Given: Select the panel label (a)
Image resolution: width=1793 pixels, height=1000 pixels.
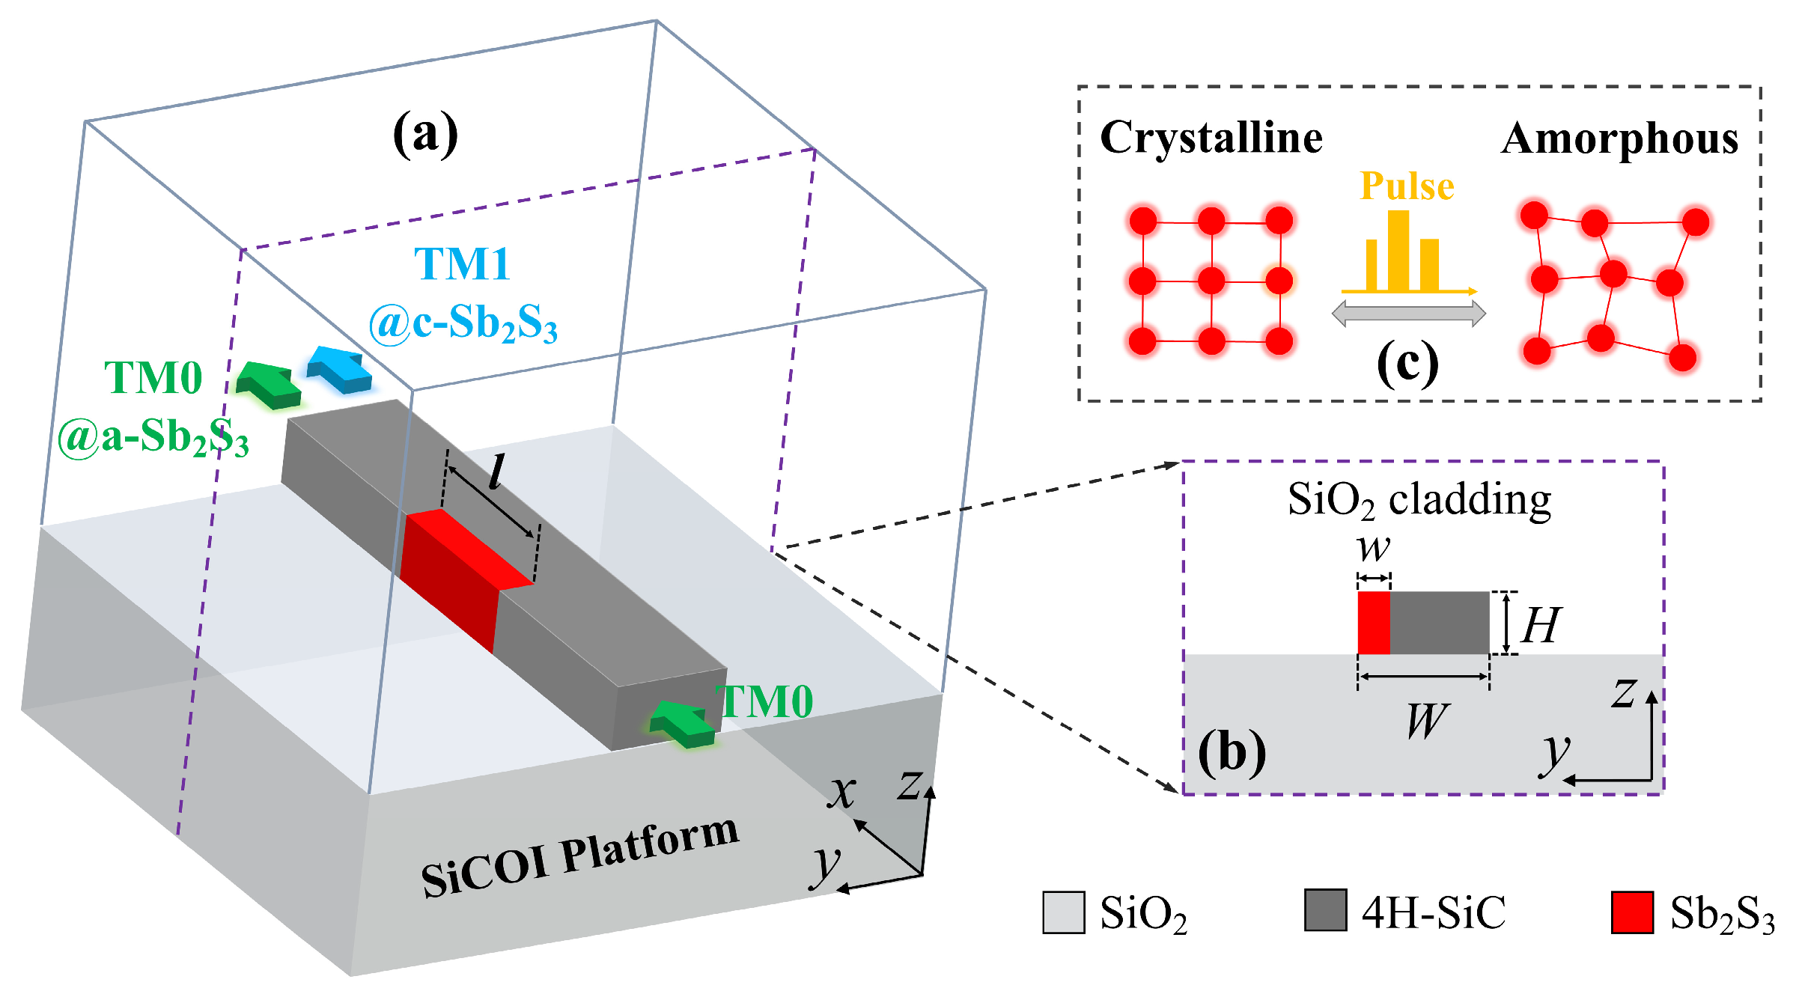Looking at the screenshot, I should click(x=425, y=134).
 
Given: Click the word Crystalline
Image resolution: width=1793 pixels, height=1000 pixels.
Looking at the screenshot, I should click(x=1211, y=138).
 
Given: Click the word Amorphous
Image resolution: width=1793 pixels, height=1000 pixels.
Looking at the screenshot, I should click(x=1619, y=139).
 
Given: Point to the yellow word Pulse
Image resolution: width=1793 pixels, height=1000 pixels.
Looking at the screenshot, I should click(x=1407, y=186).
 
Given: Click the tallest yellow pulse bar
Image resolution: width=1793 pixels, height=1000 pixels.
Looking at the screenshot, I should click(x=1398, y=251).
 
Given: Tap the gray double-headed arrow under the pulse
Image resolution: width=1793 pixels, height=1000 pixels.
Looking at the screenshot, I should click(x=1408, y=314).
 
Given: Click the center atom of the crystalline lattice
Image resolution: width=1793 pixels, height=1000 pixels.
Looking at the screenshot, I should click(x=1211, y=281).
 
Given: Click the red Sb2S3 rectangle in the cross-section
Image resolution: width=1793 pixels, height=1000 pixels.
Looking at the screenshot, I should click(x=1374, y=623).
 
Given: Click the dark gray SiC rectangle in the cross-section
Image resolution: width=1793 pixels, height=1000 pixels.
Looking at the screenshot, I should click(x=1439, y=623).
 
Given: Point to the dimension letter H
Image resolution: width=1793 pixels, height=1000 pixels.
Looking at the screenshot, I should click(x=1541, y=625).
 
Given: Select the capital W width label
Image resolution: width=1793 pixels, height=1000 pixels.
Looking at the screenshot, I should click(x=1427, y=722).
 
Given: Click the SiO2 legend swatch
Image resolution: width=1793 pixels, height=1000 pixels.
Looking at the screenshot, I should click(x=1063, y=912).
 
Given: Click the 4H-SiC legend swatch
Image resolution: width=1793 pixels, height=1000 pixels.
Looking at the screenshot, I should click(x=1325, y=910).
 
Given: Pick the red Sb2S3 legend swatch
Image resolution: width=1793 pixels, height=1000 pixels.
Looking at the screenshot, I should click(x=1632, y=912).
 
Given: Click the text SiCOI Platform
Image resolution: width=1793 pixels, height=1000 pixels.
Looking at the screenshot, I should click(x=580, y=856).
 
